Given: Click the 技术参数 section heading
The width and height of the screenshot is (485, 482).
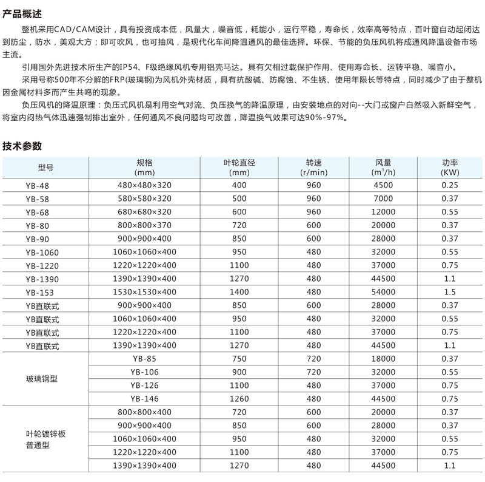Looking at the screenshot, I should pyautogui.click(x=22, y=146).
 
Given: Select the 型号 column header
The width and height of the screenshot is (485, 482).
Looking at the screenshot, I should pyautogui.click(x=46, y=168).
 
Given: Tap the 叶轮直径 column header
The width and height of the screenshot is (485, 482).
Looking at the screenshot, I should pyautogui.click(x=239, y=168).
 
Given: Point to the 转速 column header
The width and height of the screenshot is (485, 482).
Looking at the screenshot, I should pyautogui.click(x=313, y=168).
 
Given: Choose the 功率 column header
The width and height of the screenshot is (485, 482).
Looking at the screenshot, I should pyautogui.click(x=449, y=168).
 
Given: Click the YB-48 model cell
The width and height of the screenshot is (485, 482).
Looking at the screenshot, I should pyautogui.click(x=38, y=186).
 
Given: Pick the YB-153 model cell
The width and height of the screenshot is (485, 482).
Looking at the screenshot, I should pyautogui.click(x=40, y=293).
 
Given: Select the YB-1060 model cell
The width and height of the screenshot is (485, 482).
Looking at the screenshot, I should pyautogui.click(x=42, y=253).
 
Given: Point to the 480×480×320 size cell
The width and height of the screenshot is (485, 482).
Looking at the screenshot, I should pyautogui.click(x=144, y=185).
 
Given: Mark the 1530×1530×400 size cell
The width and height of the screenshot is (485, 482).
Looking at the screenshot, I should pyautogui.click(x=144, y=292).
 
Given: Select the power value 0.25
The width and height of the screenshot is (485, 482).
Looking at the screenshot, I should pyautogui.click(x=449, y=185).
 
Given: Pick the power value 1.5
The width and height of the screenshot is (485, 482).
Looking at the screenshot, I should pyautogui.click(x=449, y=292).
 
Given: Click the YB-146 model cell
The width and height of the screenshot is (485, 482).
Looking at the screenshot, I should pyautogui.click(x=144, y=399).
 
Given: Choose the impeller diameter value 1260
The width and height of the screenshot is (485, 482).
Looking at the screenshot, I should pyautogui.click(x=239, y=399).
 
